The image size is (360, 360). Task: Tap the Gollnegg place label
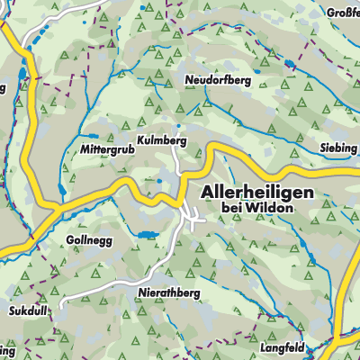pos(88,240)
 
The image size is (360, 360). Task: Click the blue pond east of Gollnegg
pos(145,236)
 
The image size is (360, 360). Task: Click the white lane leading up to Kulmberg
pos(177,157)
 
